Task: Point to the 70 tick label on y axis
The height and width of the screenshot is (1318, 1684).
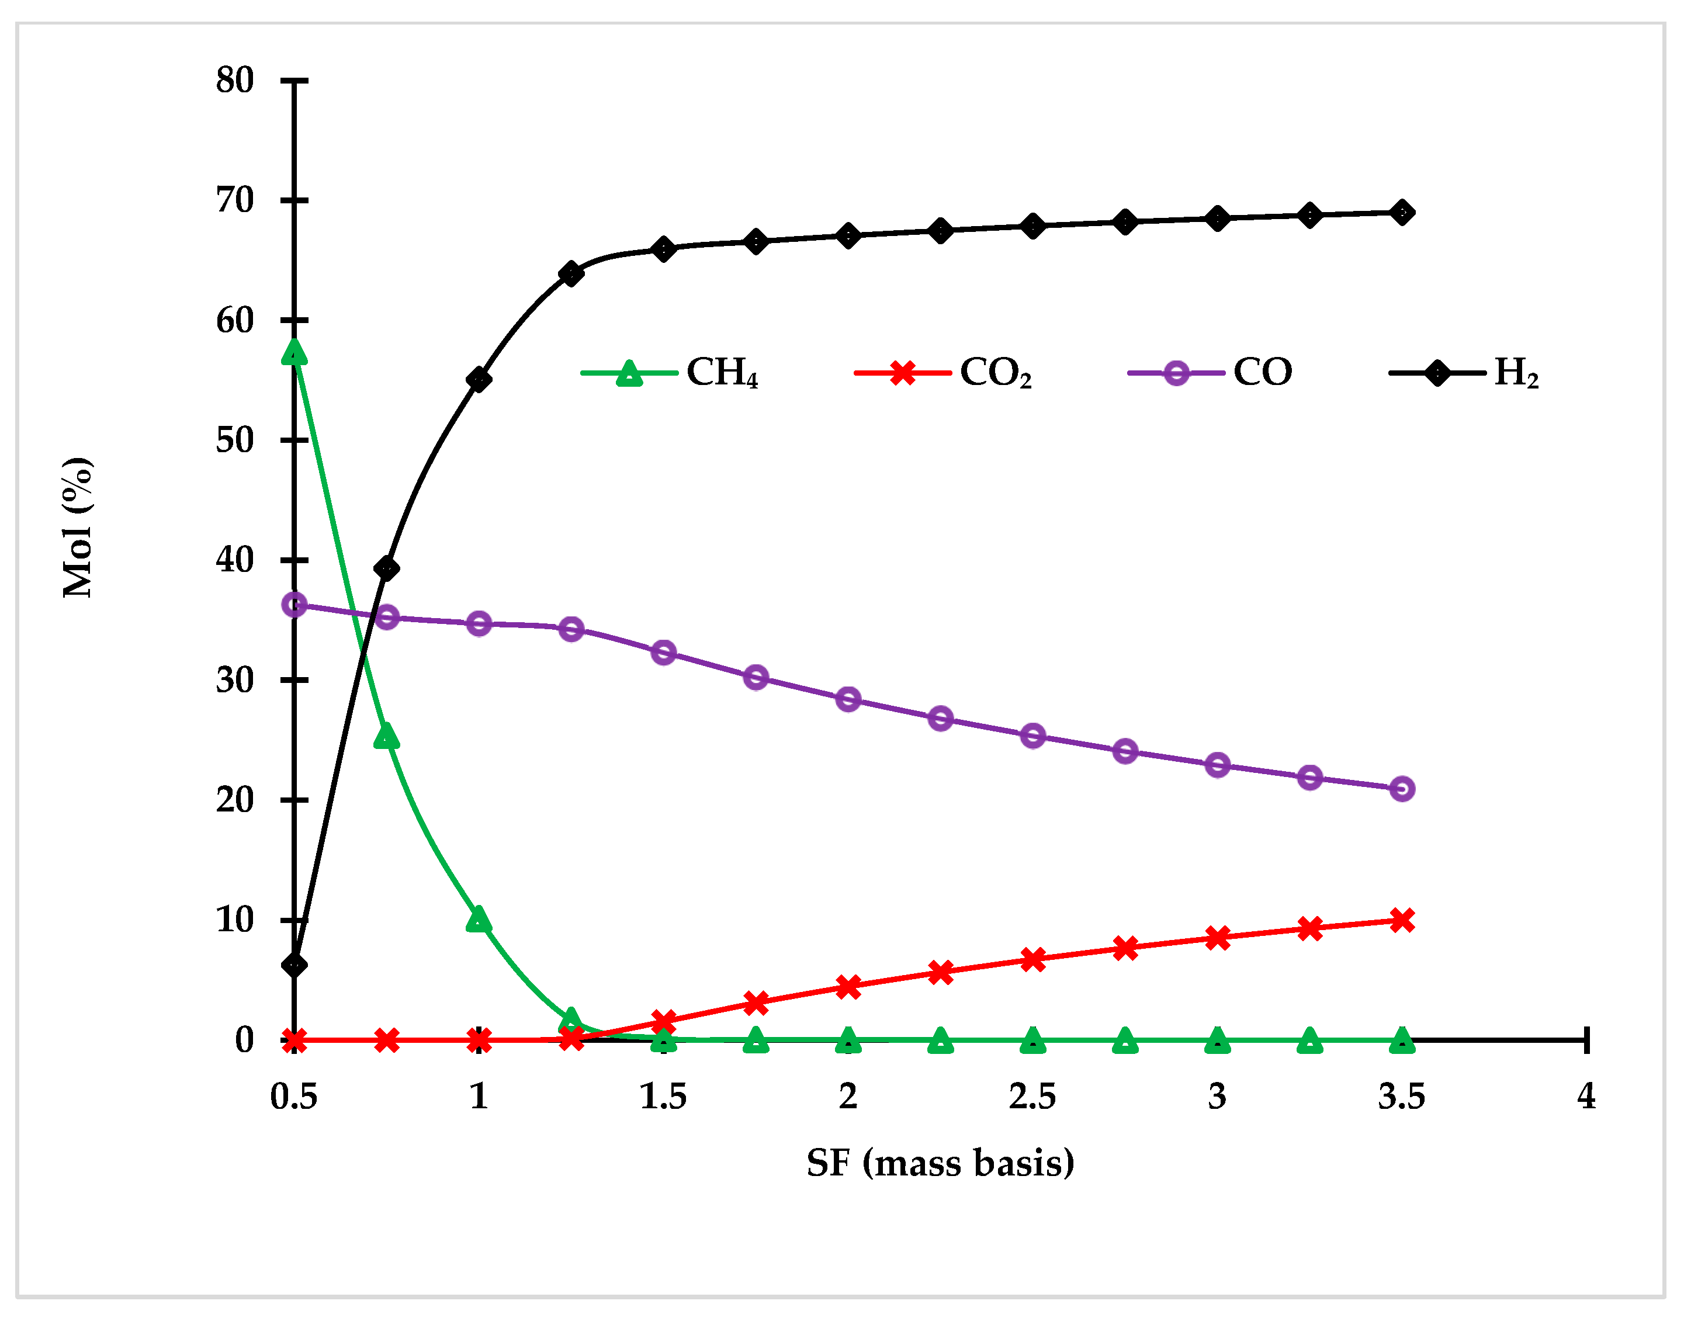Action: point(235,200)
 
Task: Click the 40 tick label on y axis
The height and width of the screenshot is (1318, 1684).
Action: point(235,560)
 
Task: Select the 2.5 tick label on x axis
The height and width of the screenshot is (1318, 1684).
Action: point(1032,1097)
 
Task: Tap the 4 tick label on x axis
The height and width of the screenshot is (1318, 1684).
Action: point(1586,1097)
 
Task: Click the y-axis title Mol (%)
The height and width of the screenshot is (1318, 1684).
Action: point(78,528)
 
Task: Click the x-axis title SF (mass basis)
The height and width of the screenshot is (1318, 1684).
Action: point(940,1163)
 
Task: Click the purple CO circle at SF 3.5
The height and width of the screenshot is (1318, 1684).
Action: point(1402,789)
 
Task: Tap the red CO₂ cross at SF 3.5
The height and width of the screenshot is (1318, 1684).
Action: point(1402,920)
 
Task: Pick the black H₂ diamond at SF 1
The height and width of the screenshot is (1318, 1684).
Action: point(479,379)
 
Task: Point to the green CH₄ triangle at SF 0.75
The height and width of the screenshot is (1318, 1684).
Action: point(387,737)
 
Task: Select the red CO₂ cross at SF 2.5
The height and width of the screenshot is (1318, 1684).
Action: point(1032,959)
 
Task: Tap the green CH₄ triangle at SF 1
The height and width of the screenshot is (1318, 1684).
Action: point(479,919)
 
